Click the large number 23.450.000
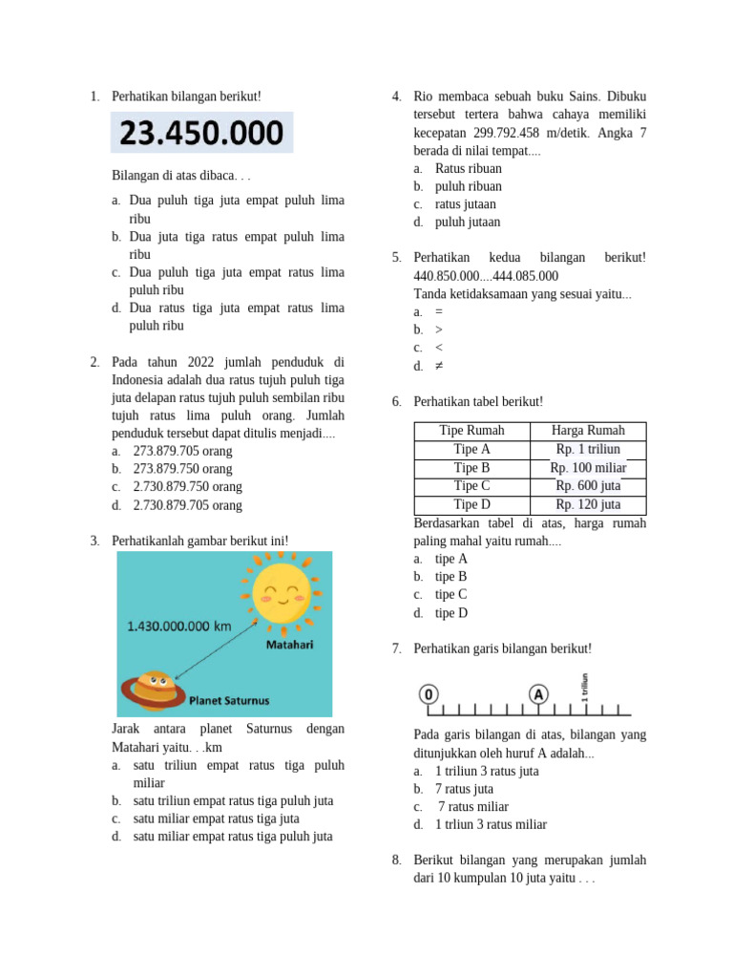coord(202,132)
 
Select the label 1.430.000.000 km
coord(179,627)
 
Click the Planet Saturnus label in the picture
coord(229,700)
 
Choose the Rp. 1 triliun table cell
coord(588,449)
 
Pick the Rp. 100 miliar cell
coord(588,468)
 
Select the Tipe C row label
coord(471,486)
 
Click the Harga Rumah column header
coord(588,431)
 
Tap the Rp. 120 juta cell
coord(588,504)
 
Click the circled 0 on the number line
coord(429,694)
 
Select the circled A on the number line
coord(538,694)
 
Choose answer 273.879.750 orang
coord(182,469)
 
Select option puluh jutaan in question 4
coord(468,222)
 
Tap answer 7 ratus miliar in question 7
coord(474,807)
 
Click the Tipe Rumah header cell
coord(471,431)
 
